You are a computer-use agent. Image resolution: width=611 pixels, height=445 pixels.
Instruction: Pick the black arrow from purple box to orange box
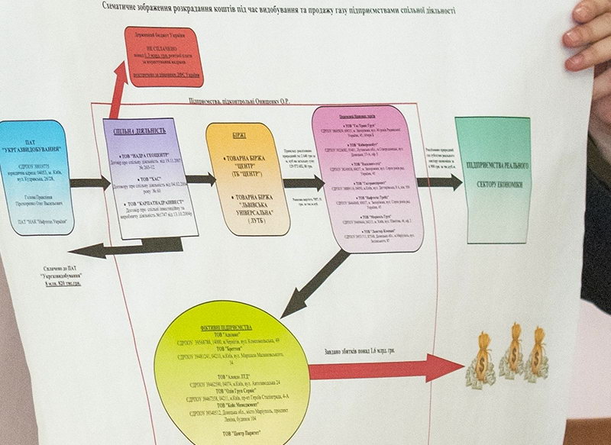200,180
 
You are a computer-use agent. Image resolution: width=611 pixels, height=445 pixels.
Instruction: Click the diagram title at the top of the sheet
279,10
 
